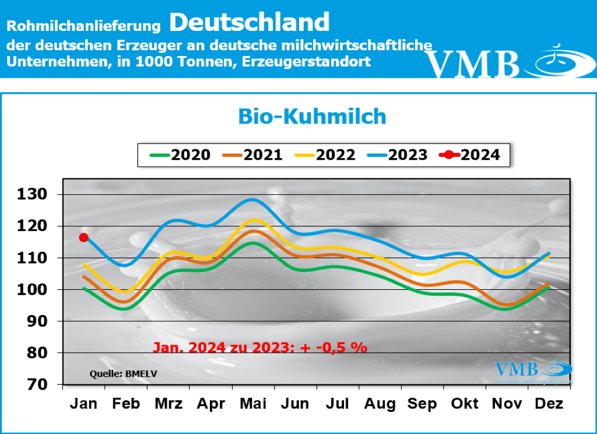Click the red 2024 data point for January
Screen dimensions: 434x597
[x=83, y=237]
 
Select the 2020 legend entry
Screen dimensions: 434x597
[x=180, y=155]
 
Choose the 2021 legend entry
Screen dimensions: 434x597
[x=252, y=155]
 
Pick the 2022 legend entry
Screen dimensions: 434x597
[x=325, y=155]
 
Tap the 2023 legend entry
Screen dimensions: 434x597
[x=397, y=155]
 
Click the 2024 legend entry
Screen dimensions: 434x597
[x=470, y=155]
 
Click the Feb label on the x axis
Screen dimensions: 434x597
[x=127, y=404]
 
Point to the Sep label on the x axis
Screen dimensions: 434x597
[x=422, y=404]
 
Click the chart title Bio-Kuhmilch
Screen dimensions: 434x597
[x=312, y=116]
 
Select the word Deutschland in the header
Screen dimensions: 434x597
[x=250, y=22]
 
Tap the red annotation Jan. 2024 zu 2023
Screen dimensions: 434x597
[x=259, y=348]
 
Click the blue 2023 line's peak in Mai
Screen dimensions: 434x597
[x=251, y=199]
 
